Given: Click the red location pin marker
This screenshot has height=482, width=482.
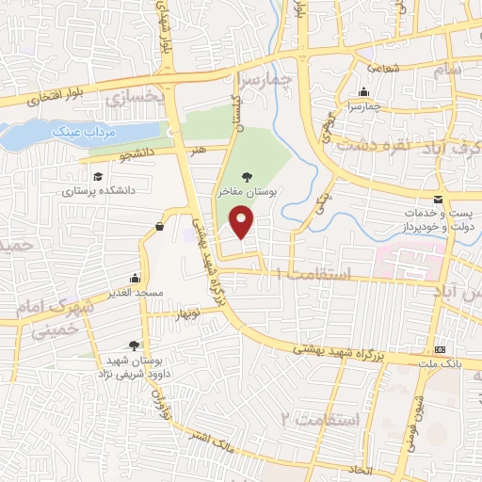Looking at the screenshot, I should (243, 221).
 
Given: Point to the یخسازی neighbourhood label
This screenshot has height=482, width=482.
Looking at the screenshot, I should (133, 96).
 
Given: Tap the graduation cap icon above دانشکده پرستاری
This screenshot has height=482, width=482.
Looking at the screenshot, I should (98, 176).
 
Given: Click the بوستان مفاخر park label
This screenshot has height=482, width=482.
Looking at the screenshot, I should (247, 191).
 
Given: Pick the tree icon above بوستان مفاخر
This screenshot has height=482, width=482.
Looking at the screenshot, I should (247, 176).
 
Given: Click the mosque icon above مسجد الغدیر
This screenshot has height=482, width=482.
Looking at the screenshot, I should (137, 278).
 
